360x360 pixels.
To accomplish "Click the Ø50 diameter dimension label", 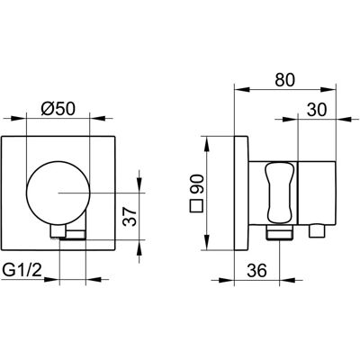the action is tap(58, 109).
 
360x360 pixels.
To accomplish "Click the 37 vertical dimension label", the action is tap(130, 217).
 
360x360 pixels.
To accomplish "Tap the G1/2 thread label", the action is tap(22, 271).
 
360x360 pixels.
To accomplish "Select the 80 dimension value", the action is tap(285, 80).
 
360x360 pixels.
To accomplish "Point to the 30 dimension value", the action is tap(317, 110).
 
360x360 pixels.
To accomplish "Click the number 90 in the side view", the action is tap(197, 184).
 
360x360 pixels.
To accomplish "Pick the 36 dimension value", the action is tap(256, 271).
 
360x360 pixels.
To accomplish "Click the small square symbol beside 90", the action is tap(197, 206).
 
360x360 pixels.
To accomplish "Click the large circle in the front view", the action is tap(58, 193).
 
